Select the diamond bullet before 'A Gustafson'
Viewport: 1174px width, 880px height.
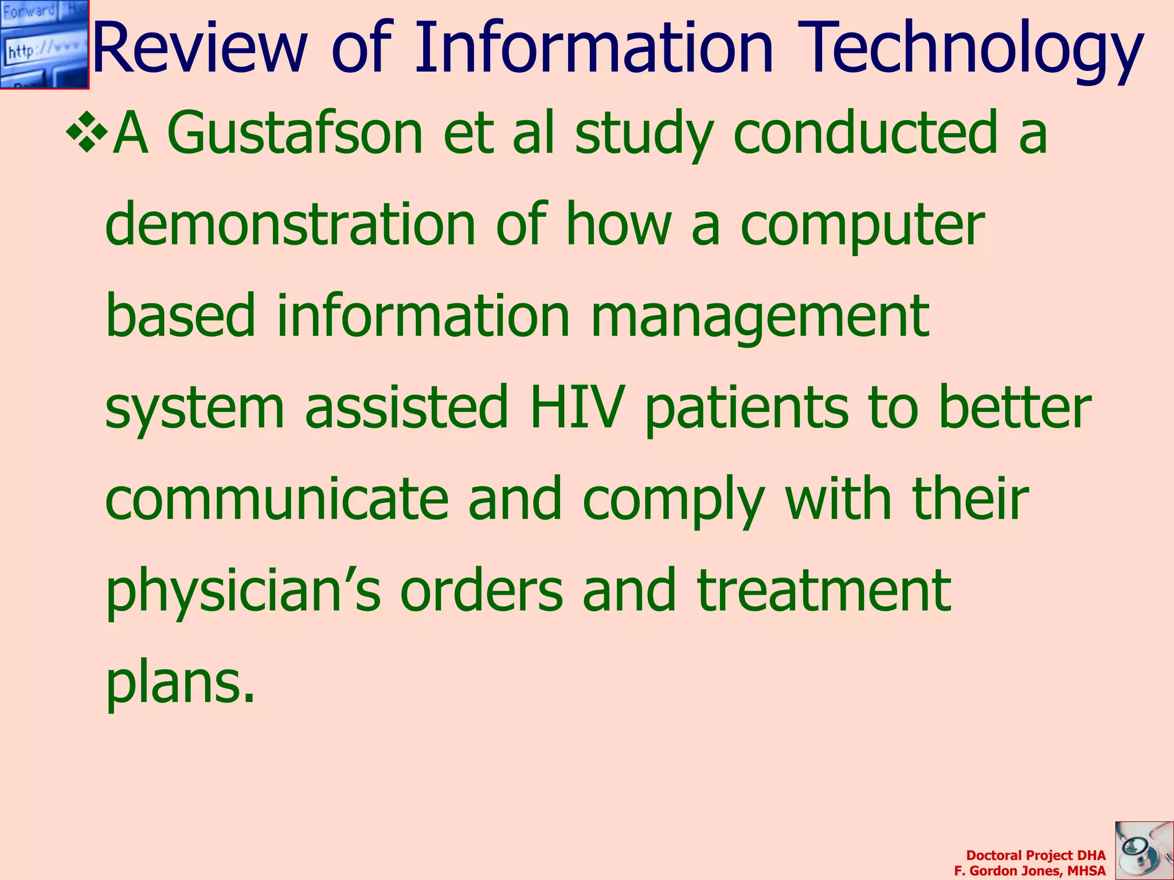87,133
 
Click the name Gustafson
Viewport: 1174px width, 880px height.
295,133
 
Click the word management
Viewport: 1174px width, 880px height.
760,317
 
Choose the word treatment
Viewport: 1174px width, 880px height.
824,590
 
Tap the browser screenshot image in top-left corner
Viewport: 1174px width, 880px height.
45,45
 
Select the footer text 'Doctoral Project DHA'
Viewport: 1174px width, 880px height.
1035,855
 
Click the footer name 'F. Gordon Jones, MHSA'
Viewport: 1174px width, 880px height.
1030,871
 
